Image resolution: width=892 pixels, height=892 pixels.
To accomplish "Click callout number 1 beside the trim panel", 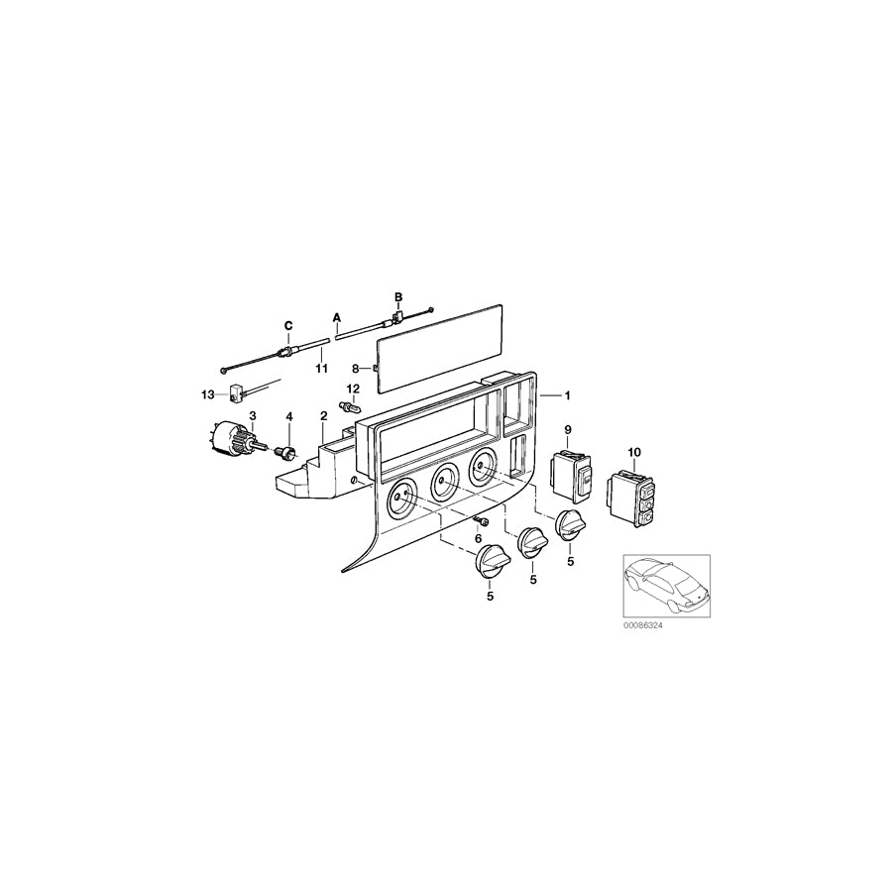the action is tap(567, 395).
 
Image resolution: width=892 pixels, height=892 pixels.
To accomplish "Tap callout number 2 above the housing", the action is tap(324, 416).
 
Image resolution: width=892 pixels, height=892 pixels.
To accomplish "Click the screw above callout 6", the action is tap(480, 521).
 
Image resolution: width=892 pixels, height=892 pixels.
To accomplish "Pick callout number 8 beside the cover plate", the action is tap(355, 369).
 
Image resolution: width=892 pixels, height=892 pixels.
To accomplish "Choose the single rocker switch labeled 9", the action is tap(571, 475).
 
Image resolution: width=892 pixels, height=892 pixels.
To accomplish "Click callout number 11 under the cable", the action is tap(322, 369).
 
